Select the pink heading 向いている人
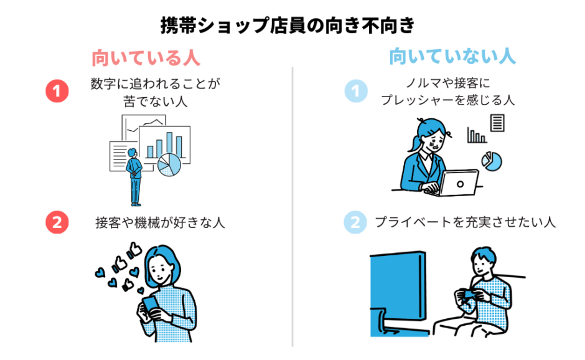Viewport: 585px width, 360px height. (146, 58)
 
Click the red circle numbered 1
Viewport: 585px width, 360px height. (57, 92)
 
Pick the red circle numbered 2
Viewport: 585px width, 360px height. (57, 222)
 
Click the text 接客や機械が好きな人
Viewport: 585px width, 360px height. (160, 222)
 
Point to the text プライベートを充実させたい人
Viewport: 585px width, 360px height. (464, 222)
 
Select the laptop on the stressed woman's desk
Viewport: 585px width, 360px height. (458, 181)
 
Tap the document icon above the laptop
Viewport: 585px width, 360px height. (497, 123)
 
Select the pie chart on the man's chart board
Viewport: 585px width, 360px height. (168, 164)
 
